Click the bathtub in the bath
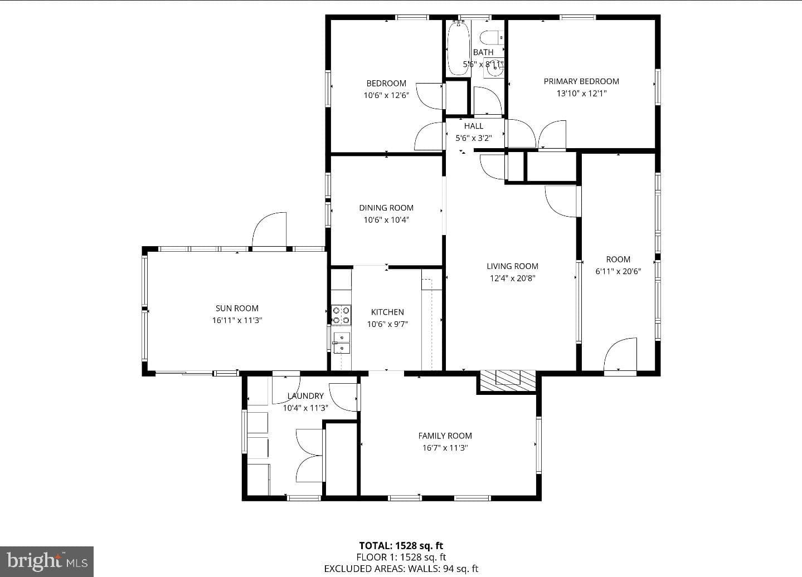(458, 48)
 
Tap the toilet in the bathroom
(492, 37)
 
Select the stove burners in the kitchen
(341, 315)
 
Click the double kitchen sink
(342, 343)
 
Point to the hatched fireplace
(508, 381)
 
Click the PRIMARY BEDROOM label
(581, 81)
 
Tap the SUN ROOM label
(237, 309)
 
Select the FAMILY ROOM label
(445, 436)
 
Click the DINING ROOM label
(386, 208)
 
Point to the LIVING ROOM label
(512, 266)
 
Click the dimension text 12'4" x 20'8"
(512, 278)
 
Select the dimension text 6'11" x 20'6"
(618, 271)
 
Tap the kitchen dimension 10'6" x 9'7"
(387, 324)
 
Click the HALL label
(474, 126)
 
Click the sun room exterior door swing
(269, 230)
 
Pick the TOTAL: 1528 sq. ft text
(401, 545)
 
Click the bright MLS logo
(47, 561)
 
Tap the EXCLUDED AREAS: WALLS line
(401, 569)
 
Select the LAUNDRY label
(305, 396)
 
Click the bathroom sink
(494, 68)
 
